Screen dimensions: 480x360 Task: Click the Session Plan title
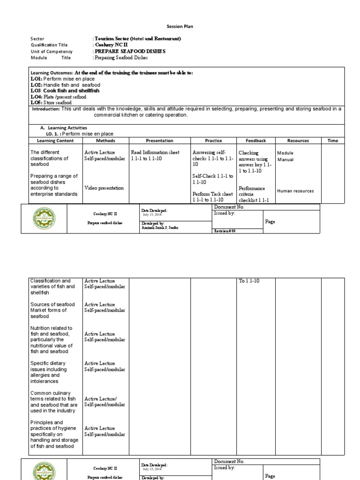click(x=180, y=27)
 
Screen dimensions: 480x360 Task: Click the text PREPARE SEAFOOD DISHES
click(x=129, y=51)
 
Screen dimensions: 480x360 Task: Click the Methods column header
click(x=105, y=141)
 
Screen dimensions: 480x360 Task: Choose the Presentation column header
click(x=159, y=141)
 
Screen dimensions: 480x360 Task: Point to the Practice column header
click(x=213, y=141)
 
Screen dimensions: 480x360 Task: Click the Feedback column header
click(x=256, y=141)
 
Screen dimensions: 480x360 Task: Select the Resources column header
click(x=298, y=141)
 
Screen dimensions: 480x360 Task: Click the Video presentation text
click(x=104, y=188)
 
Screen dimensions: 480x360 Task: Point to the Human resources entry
click(x=295, y=191)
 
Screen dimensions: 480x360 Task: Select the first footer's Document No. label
click(x=229, y=207)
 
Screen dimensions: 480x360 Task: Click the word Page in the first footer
click(x=270, y=222)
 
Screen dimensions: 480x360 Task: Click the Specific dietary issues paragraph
click(x=48, y=372)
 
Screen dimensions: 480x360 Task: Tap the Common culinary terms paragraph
click(x=53, y=402)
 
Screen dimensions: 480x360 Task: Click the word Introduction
click(x=46, y=109)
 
